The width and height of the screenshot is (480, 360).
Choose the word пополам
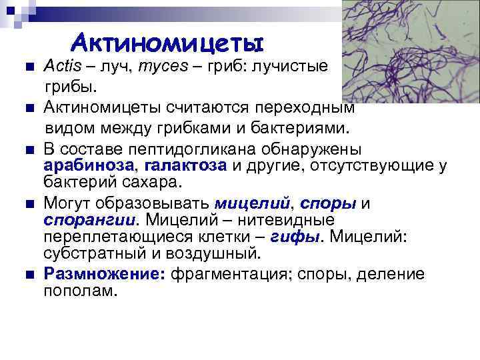(79, 291)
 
